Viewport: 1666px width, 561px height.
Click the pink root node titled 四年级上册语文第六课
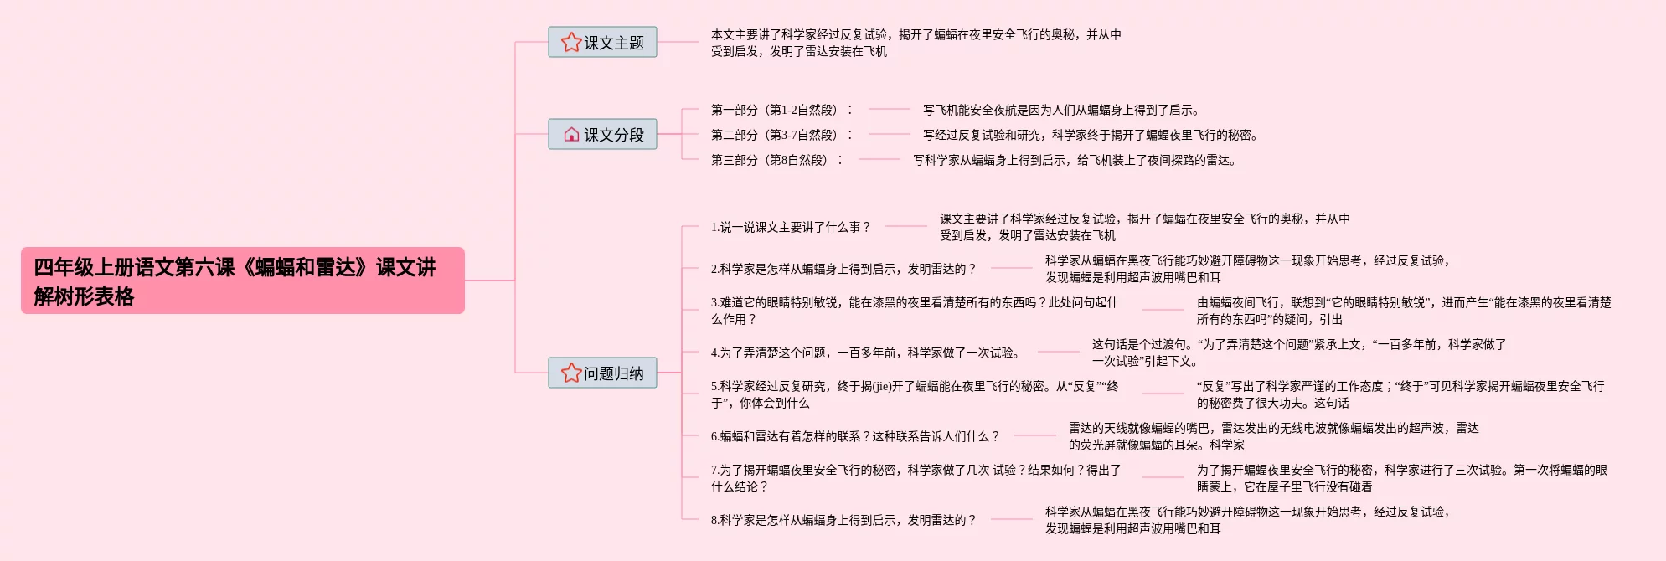tap(242, 280)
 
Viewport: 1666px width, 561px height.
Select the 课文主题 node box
tap(602, 42)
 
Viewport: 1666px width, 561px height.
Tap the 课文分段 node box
tap(602, 134)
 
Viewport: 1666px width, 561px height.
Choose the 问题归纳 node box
tap(602, 373)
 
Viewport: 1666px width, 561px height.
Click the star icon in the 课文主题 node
tap(571, 42)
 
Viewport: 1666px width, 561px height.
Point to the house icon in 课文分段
tap(571, 134)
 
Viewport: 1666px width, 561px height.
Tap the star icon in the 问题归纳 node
tap(571, 373)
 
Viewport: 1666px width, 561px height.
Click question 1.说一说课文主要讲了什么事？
tap(791, 227)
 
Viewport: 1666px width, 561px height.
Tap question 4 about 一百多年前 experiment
tap(865, 353)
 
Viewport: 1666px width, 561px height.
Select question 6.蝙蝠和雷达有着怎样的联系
tap(855, 436)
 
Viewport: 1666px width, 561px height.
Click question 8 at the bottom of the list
tap(843, 520)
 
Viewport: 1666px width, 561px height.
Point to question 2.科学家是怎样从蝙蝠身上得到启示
tap(843, 269)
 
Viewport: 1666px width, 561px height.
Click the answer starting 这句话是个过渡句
tap(1298, 353)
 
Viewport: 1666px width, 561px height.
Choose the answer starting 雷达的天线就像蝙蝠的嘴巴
tap(1273, 436)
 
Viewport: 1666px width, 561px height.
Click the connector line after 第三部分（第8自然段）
tap(879, 159)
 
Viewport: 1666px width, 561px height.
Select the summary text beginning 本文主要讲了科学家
tap(916, 43)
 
